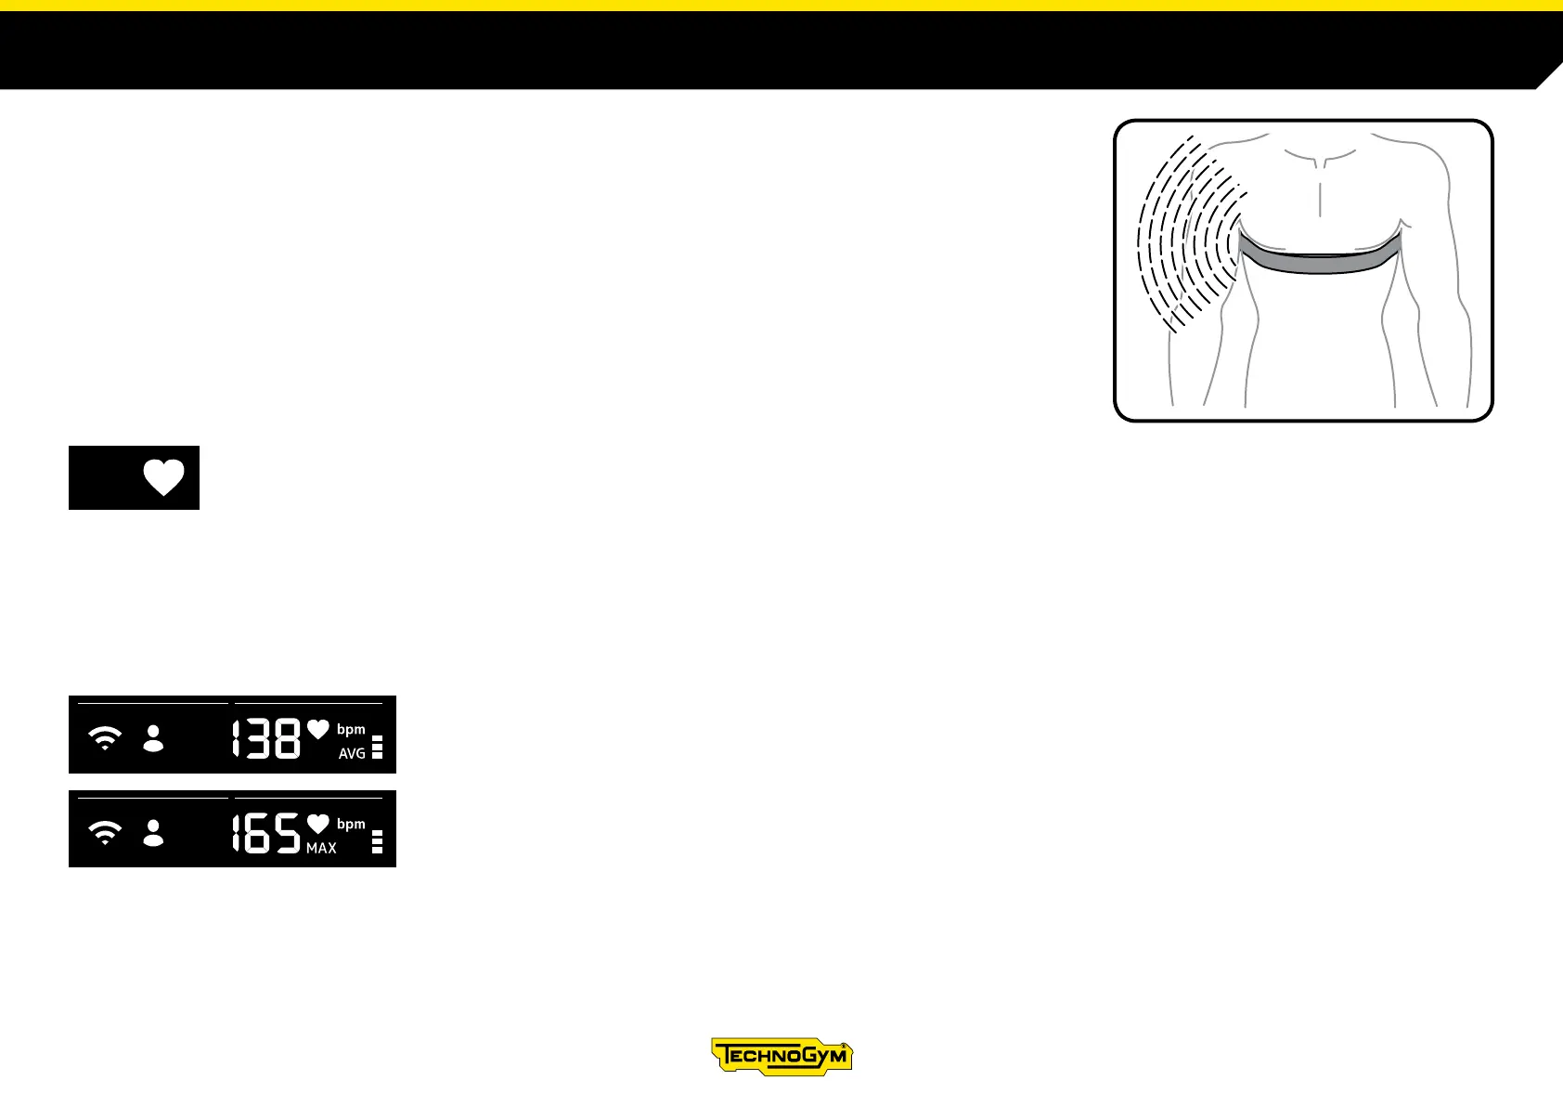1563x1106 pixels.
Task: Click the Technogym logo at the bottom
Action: [x=781, y=1057]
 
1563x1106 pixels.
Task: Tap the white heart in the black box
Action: [x=164, y=477]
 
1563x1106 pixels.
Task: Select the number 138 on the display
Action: [x=266, y=739]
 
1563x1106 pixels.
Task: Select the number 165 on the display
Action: [x=266, y=833]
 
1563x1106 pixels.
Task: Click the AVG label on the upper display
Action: [x=352, y=754]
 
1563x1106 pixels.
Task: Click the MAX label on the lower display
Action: [x=321, y=849]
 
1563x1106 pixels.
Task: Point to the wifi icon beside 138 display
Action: [x=105, y=739]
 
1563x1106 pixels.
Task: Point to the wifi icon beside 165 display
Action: [x=105, y=833]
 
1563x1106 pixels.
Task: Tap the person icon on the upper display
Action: [x=153, y=739]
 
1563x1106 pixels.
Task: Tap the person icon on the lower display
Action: [x=153, y=833]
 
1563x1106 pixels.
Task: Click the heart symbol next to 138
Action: [x=318, y=730]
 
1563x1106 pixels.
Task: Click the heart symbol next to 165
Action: [x=318, y=824]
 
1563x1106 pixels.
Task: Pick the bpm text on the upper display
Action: [x=351, y=730]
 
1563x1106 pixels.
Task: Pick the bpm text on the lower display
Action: [x=351, y=825]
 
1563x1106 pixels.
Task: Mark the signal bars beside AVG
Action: [x=377, y=748]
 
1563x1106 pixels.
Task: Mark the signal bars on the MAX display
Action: [x=377, y=842]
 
